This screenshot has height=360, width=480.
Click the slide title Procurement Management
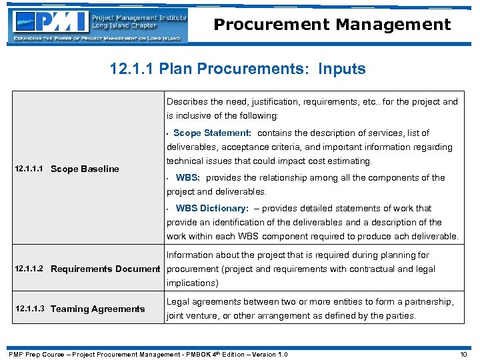(x=332, y=25)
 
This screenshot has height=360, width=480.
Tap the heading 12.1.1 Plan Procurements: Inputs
(x=239, y=69)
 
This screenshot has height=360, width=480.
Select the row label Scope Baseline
(x=85, y=169)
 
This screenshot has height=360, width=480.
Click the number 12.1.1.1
(x=29, y=169)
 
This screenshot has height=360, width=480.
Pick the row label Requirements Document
(x=105, y=269)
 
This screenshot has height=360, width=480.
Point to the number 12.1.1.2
(x=29, y=269)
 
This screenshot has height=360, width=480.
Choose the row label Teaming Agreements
(x=97, y=309)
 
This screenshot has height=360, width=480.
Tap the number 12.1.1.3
(x=29, y=309)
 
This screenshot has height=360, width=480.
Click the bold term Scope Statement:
(x=212, y=133)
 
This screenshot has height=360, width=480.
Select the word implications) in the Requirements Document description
(x=193, y=283)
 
